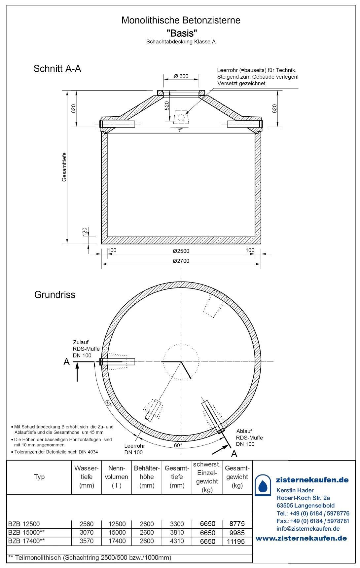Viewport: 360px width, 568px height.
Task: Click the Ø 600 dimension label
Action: pos(181,76)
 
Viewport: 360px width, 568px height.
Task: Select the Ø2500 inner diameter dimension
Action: pos(181,251)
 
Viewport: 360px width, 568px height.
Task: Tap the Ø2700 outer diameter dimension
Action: pos(181,261)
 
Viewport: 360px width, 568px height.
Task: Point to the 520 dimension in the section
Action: pos(167,106)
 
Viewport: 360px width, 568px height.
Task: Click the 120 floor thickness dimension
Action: pos(85,232)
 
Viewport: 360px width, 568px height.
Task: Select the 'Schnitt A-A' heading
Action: pos(57,69)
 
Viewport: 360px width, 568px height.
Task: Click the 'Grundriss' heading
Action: pos(55,294)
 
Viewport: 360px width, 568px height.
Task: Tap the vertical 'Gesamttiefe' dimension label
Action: pos(64,167)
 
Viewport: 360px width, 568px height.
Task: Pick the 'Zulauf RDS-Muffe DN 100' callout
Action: pos(86,349)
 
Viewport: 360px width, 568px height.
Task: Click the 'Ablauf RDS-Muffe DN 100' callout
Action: pos(250,437)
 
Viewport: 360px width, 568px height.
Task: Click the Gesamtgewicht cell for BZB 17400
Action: pos(236,541)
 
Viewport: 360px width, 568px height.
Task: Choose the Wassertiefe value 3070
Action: pos(87,533)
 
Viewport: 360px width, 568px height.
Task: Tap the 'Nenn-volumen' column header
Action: pos(117,476)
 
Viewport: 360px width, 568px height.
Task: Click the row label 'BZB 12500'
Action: pos(24,524)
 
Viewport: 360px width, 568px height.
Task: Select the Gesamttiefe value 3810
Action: pos(177,533)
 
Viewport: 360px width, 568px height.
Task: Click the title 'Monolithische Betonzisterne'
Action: pos(181,20)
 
